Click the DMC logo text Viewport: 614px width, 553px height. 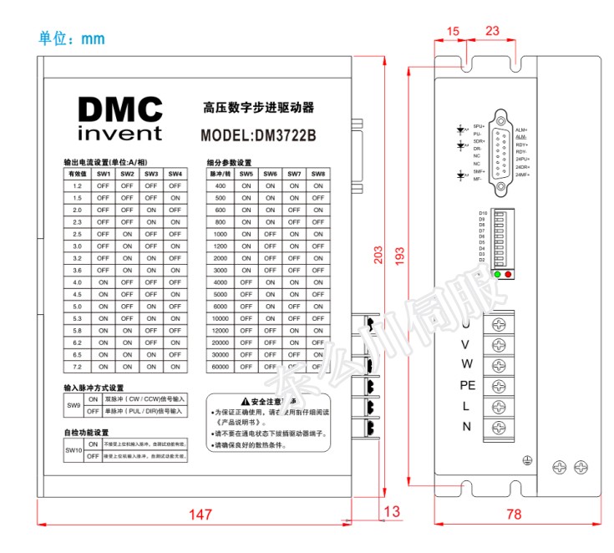point(119,109)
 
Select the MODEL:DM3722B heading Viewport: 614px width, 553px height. point(258,134)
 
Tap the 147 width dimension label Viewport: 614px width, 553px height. point(199,515)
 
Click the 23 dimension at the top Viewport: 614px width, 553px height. point(492,31)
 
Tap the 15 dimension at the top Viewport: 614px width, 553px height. point(453,31)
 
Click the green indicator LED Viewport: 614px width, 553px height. point(498,274)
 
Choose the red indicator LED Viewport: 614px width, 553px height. point(508,274)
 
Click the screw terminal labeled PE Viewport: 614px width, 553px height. point(500,386)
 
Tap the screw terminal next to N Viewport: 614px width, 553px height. point(500,427)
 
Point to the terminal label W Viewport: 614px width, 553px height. point(467,364)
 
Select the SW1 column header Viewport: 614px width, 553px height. point(104,174)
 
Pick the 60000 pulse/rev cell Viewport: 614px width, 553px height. point(221,367)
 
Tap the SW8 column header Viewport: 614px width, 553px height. point(318,174)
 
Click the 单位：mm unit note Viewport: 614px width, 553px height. point(72,39)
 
